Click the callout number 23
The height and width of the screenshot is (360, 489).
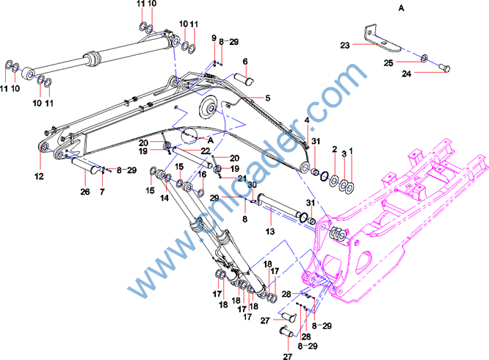coord(345,45)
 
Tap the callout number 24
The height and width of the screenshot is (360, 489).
coord(406,73)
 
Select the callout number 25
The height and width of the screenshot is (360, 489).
coord(390,62)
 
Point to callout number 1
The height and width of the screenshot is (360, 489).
coord(351,151)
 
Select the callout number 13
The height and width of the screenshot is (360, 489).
coord(269,231)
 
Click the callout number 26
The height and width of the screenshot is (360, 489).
coord(84,192)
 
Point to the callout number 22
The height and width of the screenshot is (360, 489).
coord(185,151)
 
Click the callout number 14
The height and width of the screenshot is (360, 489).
coord(165,198)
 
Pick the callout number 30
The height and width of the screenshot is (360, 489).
coord(251,184)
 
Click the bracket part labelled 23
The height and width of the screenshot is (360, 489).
coord(374,40)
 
